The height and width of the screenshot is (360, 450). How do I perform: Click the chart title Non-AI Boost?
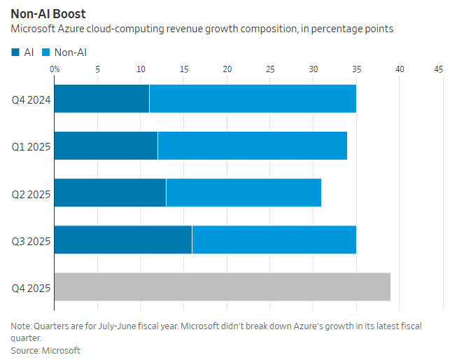click(48, 13)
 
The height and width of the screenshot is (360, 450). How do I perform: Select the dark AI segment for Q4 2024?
click(101, 99)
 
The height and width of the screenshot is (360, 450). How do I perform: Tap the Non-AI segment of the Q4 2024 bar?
click(253, 99)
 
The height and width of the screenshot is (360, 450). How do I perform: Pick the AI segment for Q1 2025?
click(106, 146)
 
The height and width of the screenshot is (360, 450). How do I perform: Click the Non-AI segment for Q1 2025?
click(253, 146)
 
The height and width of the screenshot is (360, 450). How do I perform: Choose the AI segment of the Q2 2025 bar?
click(110, 193)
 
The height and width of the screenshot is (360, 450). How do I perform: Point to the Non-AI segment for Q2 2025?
click(244, 193)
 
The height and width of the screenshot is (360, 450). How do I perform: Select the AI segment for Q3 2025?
click(123, 240)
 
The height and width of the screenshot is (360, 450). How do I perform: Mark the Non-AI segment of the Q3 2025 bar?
click(274, 240)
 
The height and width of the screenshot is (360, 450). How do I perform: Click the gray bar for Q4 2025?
click(222, 286)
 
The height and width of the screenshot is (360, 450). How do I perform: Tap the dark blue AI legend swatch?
click(15, 52)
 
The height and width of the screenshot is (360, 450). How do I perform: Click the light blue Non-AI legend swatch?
click(46, 52)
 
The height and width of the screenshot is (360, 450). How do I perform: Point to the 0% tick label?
click(55, 69)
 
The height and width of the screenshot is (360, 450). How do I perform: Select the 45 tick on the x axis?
click(439, 69)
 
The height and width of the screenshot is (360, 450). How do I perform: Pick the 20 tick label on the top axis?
click(227, 69)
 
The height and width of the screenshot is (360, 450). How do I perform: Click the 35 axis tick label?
click(357, 69)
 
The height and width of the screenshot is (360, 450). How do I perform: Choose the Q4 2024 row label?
click(31, 99)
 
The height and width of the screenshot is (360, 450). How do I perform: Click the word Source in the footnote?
click(24, 350)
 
